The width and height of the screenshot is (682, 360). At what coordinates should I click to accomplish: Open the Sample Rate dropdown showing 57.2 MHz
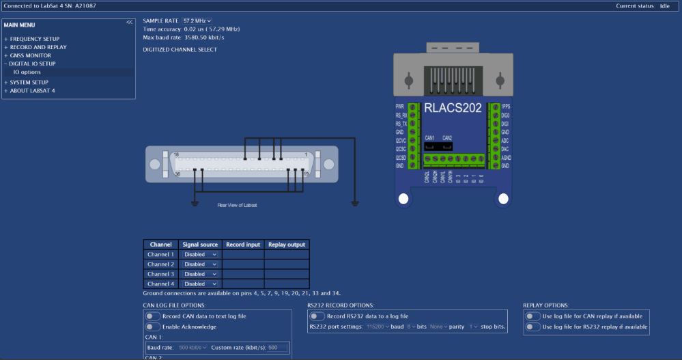pyautogui.click(x=197, y=21)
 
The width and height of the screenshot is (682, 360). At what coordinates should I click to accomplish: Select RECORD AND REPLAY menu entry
pyautogui.click(x=38, y=47)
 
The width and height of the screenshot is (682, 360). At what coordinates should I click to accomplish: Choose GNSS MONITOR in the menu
pyautogui.click(x=30, y=55)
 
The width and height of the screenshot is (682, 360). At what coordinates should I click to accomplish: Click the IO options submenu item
pyautogui.click(x=27, y=72)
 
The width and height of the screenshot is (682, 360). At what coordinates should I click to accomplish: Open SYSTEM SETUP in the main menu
pyautogui.click(x=29, y=82)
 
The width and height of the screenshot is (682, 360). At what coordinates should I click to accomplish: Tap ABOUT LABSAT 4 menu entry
pyautogui.click(x=32, y=90)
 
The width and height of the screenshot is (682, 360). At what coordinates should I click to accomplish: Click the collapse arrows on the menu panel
pyautogui.click(x=129, y=23)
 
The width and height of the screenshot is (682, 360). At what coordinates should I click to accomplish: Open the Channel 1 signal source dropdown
pyautogui.click(x=200, y=254)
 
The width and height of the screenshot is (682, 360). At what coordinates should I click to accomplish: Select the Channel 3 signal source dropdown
pyautogui.click(x=200, y=274)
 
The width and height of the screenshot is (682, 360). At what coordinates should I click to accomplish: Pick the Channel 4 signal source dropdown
pyautogui.click(x=200, y=283)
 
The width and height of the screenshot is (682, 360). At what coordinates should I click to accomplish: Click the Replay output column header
pyautogui.click(x=286, y=244)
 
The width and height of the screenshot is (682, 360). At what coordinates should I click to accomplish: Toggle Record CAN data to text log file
pyautogui.click(x=153, y=316)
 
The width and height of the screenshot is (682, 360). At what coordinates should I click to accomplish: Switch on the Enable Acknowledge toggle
pyautogui.click(x=153, y=327)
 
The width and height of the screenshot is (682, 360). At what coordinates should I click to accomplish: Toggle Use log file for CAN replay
pyautogui.click(x=532, y=316)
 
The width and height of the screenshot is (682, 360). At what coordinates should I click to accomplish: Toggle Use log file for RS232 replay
pyautogui.click(x=532, y=327)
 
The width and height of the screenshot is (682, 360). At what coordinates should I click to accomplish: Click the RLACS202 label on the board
pyautogui.click(x=453, y=108)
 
